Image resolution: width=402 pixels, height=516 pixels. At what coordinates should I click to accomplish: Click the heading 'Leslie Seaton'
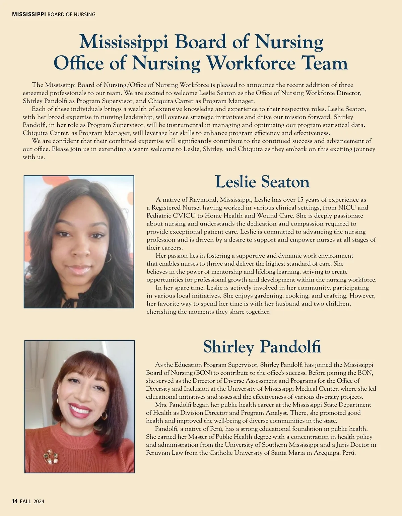coord(262,182)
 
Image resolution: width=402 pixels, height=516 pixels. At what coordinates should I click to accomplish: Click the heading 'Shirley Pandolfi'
coord(262,347)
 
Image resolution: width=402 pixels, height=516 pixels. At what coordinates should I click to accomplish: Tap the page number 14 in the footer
coord(15,501)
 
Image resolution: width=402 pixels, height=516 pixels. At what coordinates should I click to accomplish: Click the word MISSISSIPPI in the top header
coord(29,14)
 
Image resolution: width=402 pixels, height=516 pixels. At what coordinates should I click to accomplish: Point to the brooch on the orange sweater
coord(50,456)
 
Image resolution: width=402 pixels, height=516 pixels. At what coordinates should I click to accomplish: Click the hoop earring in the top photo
coord(107,257)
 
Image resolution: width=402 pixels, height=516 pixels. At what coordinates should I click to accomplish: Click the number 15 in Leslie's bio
coord(301,200)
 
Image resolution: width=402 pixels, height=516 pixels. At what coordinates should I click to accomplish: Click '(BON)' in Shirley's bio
coord(202,373)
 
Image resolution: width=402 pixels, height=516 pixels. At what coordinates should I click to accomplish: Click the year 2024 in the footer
coord(39,501)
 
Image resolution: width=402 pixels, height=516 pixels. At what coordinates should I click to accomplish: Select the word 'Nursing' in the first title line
coord(289,42)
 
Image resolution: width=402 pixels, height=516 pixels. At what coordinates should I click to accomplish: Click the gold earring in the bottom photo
coord(104,415)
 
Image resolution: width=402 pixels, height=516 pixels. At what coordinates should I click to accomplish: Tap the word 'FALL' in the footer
coord(25,501)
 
